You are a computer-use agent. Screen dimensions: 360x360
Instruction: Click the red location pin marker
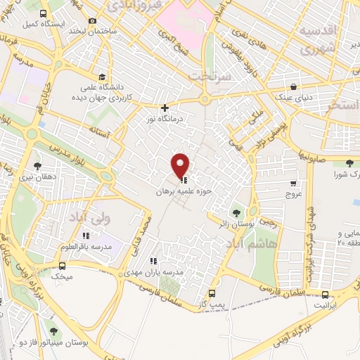[x=181, y=165]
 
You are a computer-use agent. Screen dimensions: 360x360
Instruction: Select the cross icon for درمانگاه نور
[x=165, y=108]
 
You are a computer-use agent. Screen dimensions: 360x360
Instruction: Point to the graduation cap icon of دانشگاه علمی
[x=102, y=77]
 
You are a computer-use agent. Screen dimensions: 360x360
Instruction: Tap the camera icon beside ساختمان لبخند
[x=92, y=22]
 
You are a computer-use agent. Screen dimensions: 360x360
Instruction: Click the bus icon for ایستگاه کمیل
[x=43, y=13]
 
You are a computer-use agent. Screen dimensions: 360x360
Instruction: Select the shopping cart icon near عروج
[x=292, y=184]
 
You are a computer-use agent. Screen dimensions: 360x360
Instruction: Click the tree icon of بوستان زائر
[x=236, y=212]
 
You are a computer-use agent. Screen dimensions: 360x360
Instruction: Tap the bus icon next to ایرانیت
[x=325, y=295]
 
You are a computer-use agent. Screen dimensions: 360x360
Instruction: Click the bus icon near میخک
[x=63, y=266]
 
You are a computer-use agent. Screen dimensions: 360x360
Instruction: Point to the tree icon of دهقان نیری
[x=37, y=167]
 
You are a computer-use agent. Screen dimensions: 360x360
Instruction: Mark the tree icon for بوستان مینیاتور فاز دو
[x=53, y=331]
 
